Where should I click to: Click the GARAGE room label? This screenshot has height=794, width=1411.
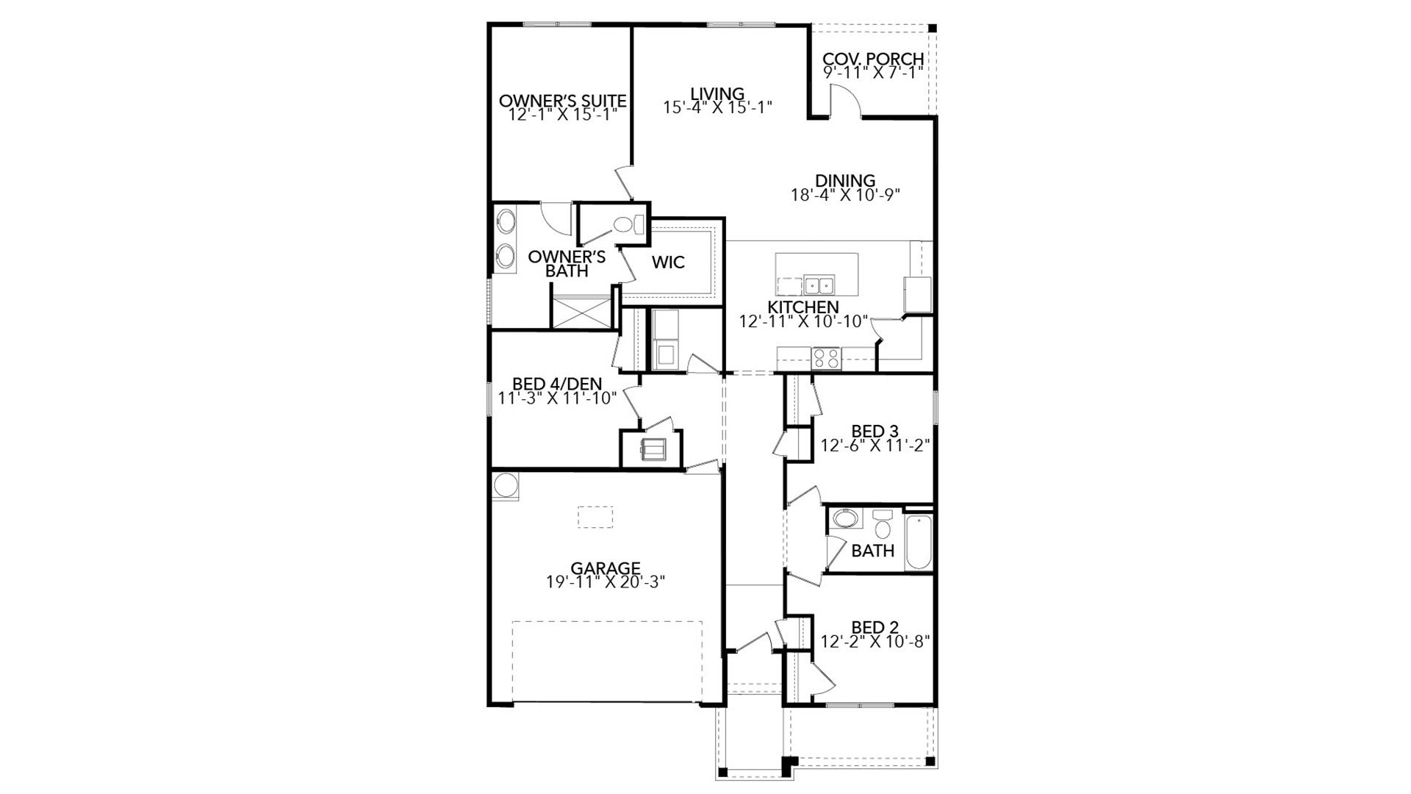pos(606,568)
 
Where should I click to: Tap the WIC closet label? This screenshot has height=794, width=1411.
pos(668,262)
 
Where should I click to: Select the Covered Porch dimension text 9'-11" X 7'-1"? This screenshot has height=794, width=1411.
pos(872,73)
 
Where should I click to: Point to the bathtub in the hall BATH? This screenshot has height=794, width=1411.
pos(919,543)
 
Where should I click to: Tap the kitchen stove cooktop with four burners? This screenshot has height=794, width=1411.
pos(826,358)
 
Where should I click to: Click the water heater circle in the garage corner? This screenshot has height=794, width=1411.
pos(506,485)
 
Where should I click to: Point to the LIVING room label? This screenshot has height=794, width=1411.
pos(717,93)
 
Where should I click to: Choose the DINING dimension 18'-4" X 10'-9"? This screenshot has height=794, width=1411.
pos(845,195)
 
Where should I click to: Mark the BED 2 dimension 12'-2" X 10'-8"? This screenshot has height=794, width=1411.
pos(875,641)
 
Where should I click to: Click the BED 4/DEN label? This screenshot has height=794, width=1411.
pos(556,384)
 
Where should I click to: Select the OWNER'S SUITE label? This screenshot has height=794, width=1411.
pos(562,101)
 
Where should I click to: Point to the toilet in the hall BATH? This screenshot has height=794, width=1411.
pos(882,526)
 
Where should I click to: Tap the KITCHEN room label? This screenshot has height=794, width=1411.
pos(803,307)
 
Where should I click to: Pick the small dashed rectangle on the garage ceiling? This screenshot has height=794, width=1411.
pos(595,517)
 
